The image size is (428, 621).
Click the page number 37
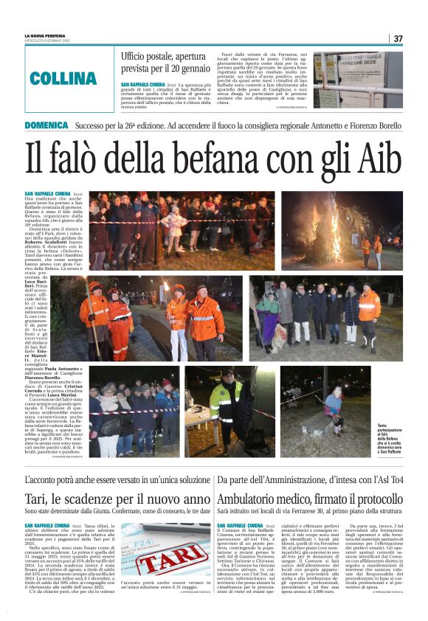398,38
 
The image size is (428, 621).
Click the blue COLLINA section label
63,77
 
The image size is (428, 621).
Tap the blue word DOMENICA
46,125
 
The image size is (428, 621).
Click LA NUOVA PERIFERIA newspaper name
46,35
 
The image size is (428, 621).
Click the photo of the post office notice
358,80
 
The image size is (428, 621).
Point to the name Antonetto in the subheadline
302,125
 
